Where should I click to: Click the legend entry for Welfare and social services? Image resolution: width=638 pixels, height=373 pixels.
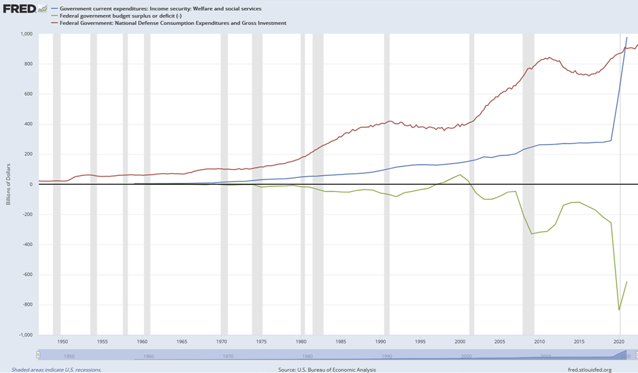(160, 9)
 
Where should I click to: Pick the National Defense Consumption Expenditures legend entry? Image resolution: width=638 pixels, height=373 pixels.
(173, 23)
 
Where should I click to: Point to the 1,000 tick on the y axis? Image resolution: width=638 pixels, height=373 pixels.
(27, 34)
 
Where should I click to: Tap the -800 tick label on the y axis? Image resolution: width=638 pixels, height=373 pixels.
(28, 305)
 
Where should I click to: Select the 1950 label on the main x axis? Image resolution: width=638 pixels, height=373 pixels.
(63, 342)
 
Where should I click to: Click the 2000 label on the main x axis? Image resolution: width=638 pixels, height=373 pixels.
(460, 342)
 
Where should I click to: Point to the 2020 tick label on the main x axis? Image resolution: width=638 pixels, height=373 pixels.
(620, 342)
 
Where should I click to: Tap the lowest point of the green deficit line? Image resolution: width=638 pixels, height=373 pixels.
(619, 310)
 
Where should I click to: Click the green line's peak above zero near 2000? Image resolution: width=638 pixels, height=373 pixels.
(460, 175)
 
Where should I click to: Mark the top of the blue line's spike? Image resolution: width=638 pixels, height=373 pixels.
(627, 38)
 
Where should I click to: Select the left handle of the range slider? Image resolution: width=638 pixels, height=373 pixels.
(39, 355)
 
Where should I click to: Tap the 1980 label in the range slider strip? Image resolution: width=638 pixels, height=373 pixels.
(307, 356)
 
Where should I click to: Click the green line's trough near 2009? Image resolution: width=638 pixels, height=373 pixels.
(532, 234)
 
